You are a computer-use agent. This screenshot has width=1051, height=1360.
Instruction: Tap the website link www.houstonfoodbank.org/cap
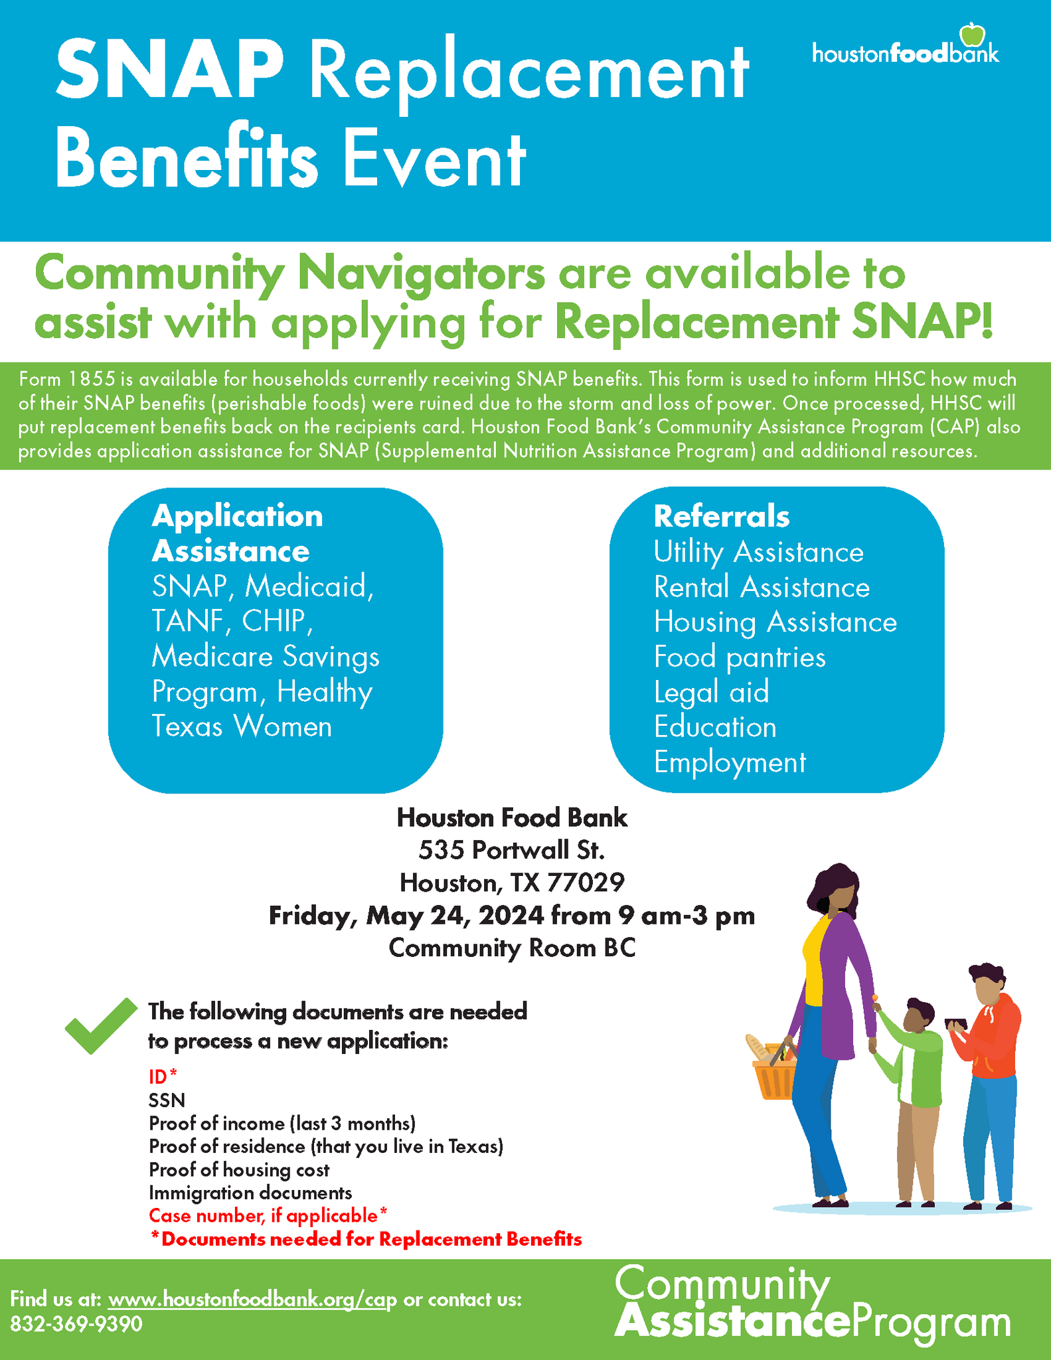point(252,1299)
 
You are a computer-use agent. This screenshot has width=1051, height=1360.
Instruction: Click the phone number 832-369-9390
point(76,1324)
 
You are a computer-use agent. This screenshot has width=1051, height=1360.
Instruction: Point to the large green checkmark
point(100,1025)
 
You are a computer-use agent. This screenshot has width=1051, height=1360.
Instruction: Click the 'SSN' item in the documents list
point(167,1100)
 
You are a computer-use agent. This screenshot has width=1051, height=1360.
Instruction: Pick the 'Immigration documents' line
point(250,1193)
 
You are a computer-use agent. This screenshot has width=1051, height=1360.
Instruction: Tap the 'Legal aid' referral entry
point(711,692)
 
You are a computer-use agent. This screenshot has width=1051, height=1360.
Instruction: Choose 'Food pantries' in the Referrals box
point(740,657)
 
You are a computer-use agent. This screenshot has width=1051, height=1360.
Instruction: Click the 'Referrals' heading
point(722,517)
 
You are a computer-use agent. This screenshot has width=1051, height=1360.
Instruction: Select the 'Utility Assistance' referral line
point(758,552)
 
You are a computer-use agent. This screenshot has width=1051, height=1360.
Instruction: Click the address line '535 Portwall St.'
point(511,850)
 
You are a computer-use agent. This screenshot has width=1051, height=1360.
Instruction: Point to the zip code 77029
point(586,883)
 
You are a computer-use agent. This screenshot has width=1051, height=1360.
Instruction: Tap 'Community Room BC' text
point(512,948)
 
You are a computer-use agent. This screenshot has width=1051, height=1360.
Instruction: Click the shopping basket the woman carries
point(773,1072)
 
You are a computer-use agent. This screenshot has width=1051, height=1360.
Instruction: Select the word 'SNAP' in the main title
point(170,71)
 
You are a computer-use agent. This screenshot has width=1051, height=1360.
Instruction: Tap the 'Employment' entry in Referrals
point(730,762)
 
